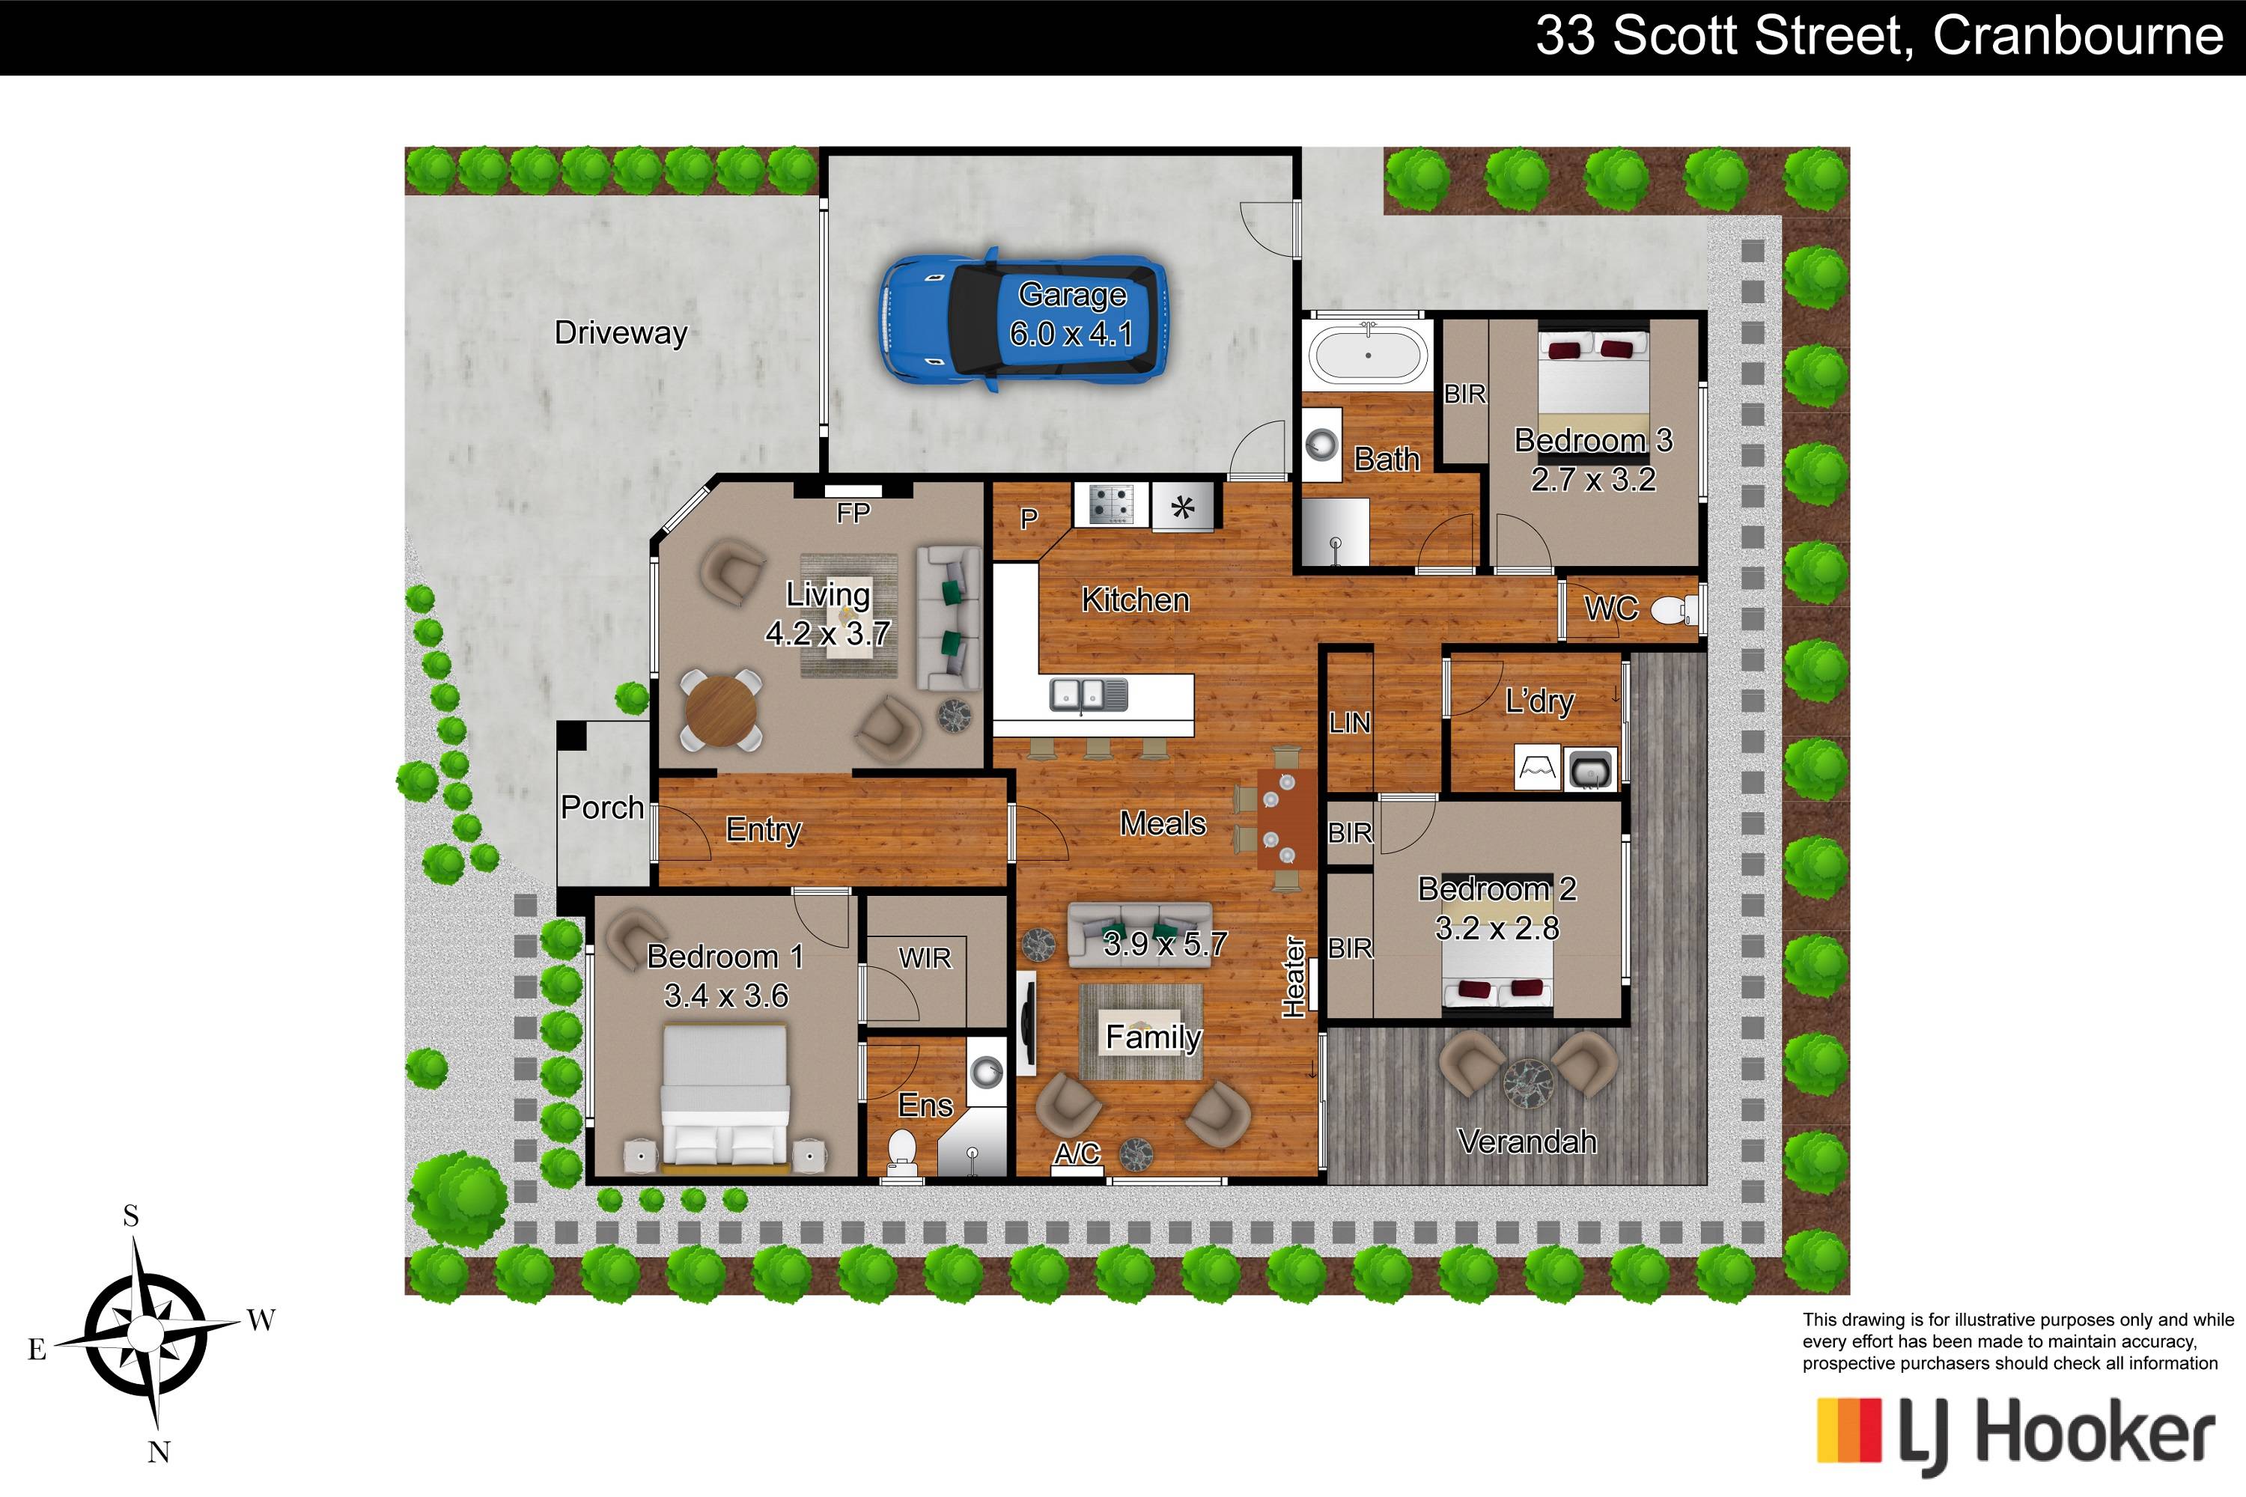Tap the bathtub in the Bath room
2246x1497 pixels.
1369,354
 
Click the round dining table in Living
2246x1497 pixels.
721,711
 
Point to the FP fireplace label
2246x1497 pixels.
853,513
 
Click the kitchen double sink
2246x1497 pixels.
1089,694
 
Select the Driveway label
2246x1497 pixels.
621,333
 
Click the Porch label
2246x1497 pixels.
602,808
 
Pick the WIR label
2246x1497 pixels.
925,957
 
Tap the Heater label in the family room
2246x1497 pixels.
1294,978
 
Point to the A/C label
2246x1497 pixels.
1077,1153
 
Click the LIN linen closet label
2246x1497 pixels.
1349,724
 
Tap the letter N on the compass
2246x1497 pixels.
159,1453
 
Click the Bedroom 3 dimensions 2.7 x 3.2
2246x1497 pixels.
1593,479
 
